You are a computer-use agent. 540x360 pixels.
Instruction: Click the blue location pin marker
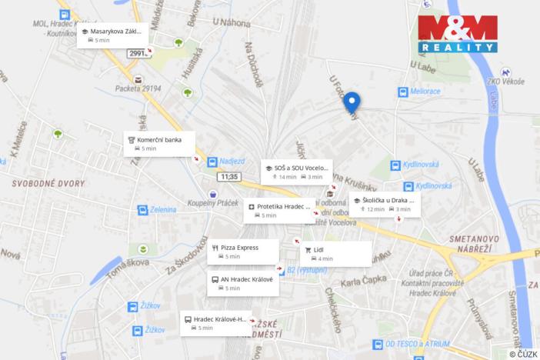pyautogui.click(x=352, y=102)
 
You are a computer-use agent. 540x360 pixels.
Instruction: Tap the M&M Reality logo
pyautogui.click(x=458, y=34)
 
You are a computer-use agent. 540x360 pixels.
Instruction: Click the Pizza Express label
pyautogui.click(x=243, y=252)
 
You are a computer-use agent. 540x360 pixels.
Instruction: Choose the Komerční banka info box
pyautogui.click(x=159, y=143)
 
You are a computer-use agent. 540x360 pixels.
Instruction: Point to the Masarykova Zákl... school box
pyautogui.click(x=112, y=35)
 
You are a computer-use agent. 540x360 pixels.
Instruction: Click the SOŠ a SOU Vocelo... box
pyautogui.click(x=296, y=172)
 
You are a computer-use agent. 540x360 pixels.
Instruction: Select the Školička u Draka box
pyautogui.click(x=385, y=204)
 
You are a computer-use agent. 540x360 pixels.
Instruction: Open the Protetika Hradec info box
pyautogui.click(x=279, y=211)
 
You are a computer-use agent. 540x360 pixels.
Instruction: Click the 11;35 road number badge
pyautogui.click(x=228, y=177)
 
